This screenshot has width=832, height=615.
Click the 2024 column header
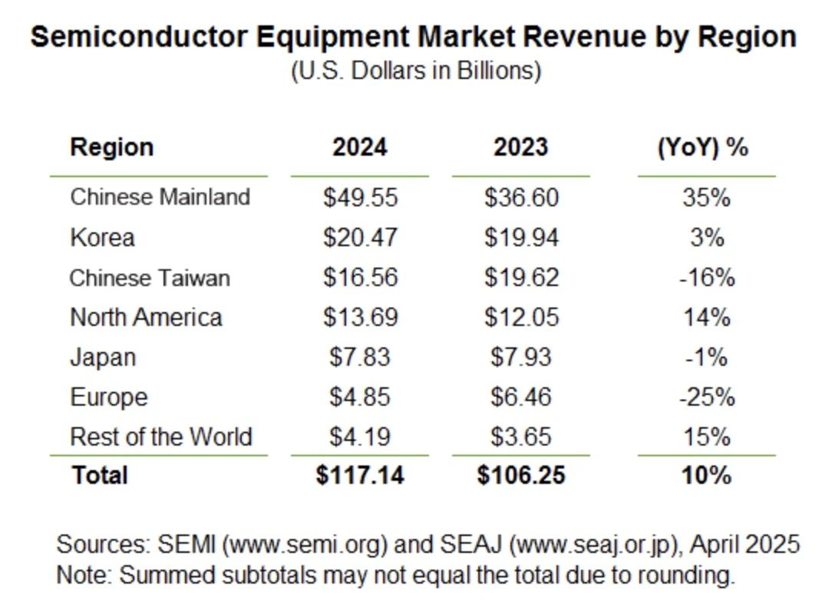(359, 146)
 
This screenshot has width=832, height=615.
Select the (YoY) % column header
(702, 146)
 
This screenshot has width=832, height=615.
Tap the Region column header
(111, 146)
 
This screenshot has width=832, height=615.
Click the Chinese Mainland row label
(160, 197)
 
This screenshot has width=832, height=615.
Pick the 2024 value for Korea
(360, 237)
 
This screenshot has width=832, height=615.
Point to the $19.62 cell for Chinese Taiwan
(521, 277)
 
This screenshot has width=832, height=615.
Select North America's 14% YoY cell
(706, 317)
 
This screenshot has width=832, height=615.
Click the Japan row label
(103, 357)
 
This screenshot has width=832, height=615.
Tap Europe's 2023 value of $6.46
(521, 397)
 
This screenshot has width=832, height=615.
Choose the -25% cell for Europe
(706, 397)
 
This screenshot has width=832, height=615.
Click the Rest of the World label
(160, 437)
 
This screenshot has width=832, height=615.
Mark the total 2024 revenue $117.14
(360, 475)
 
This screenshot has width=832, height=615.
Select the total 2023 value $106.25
(521, 475)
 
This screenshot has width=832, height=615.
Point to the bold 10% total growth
(706, 475)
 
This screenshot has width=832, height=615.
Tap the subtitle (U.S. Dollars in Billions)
(415, 71)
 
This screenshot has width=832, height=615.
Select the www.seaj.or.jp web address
(596, 545)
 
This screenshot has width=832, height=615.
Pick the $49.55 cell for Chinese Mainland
(360, 197)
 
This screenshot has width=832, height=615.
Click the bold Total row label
(99, 475)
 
